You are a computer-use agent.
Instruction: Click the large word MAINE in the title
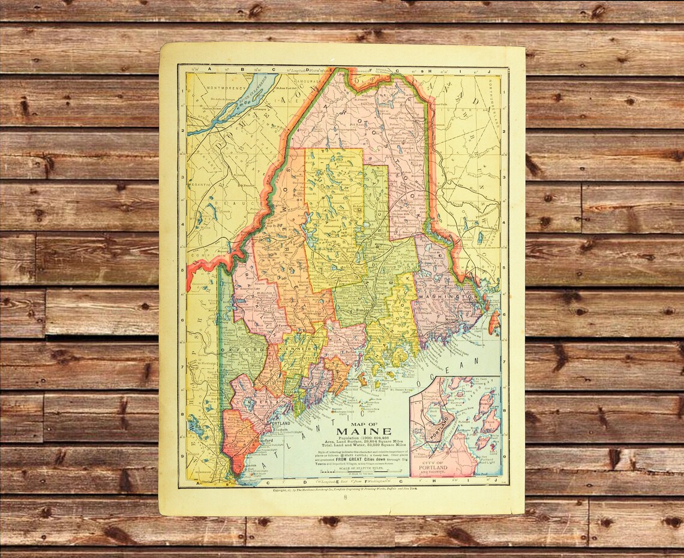click(364, 432)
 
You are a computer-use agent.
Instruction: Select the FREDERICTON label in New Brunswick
click(484, 211)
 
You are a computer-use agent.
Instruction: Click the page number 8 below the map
click(345, 497)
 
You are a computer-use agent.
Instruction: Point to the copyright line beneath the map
click(345, 490)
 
